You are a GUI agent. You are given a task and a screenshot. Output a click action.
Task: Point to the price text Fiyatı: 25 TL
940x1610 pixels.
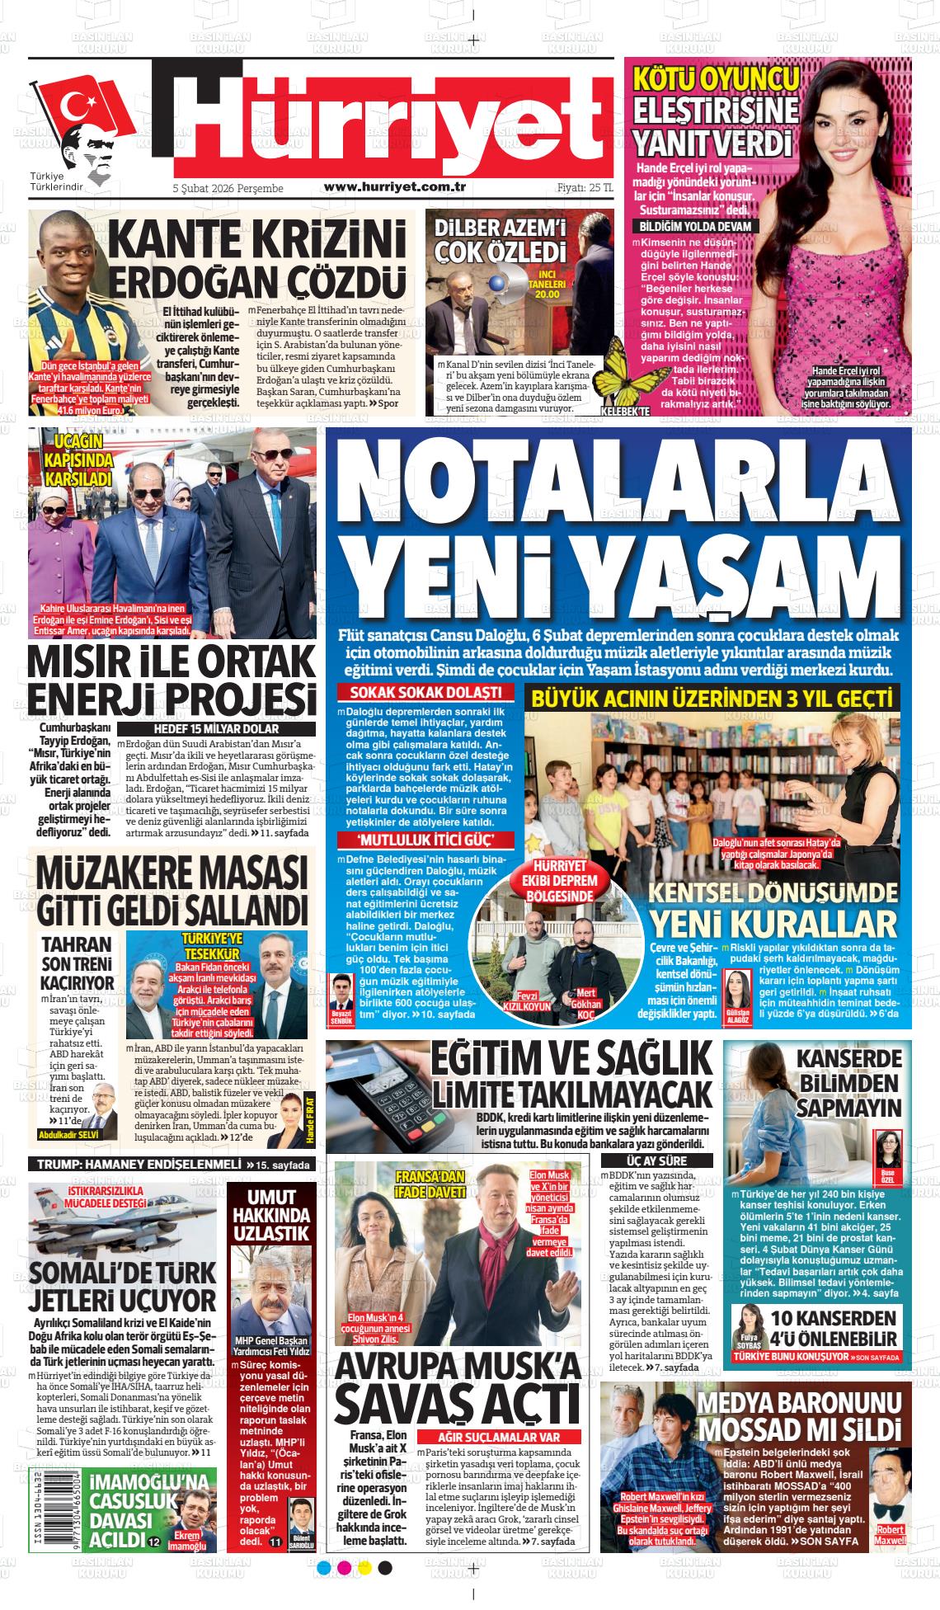click(x=585, y=188)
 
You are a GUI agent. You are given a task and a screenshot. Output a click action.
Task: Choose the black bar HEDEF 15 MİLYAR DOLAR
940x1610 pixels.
click(x=216, y=729)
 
